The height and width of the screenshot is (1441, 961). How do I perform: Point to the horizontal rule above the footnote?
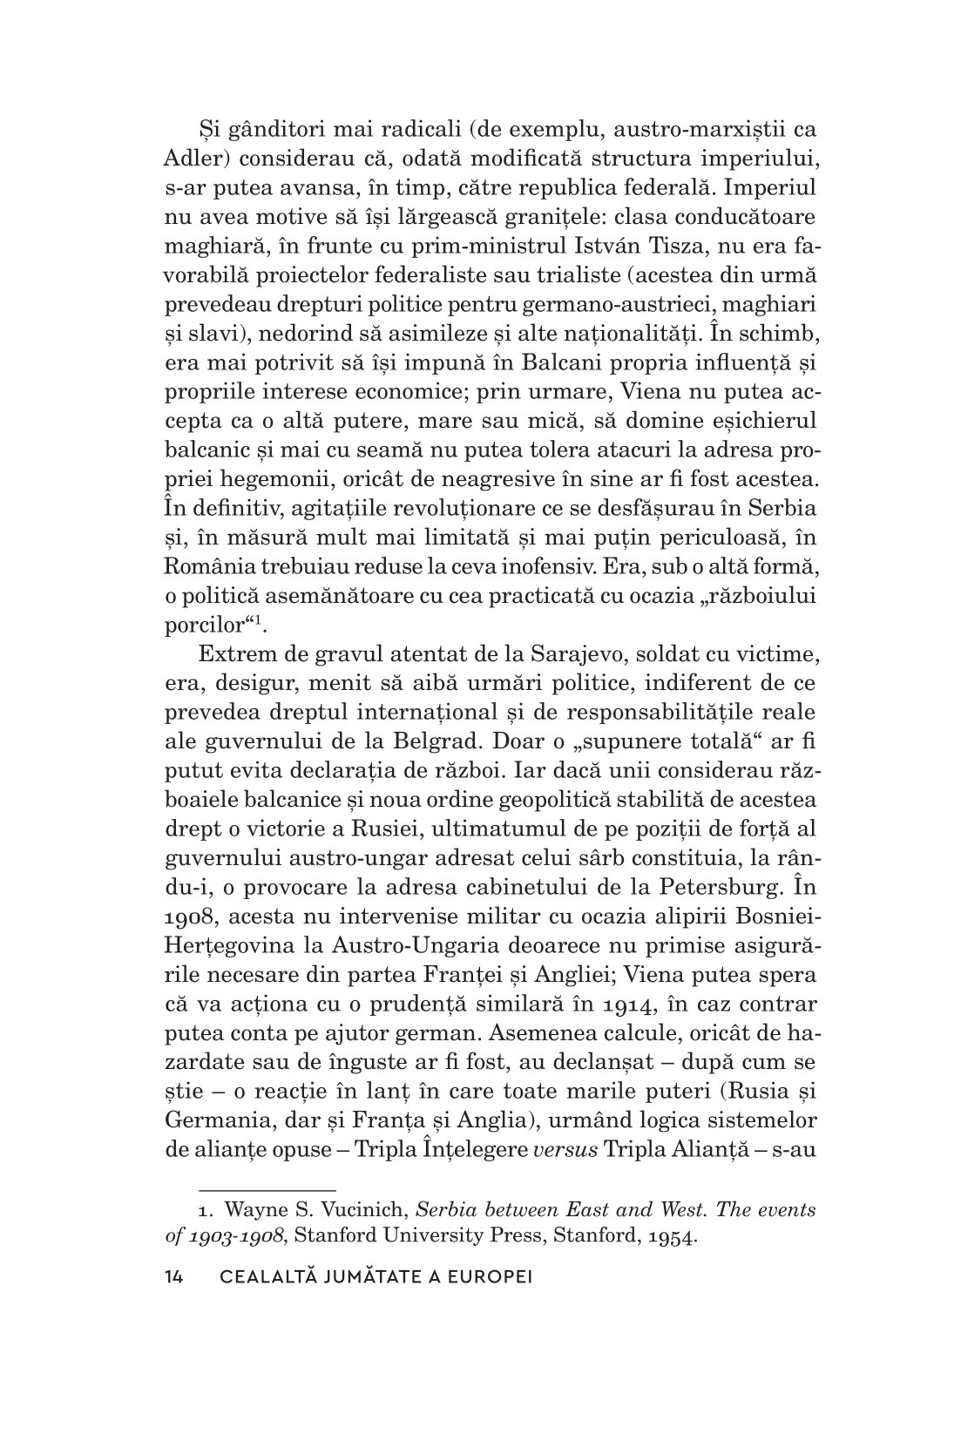pos(267,1188)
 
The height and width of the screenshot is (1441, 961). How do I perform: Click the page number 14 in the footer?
pos(174,1277)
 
